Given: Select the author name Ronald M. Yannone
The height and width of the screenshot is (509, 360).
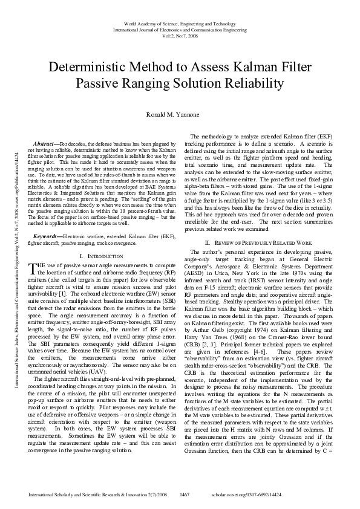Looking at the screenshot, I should (x=180, y=114).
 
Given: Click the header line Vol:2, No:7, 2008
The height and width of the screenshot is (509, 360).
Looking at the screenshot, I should (x=180, y=35).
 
